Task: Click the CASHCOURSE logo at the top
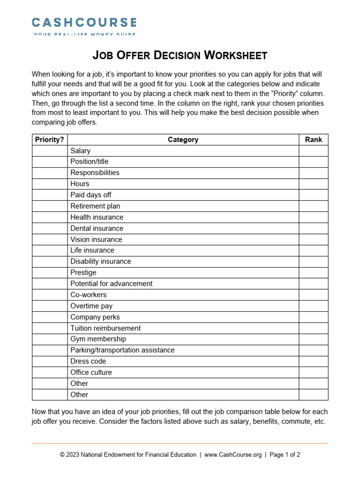click(84, 22)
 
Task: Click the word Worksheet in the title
click(235, 55)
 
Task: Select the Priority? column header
click(50, 140)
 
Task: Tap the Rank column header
click(314, 140)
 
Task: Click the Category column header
click(183, 140)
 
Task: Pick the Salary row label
click(81, 150)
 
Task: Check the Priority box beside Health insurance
click(50, 217)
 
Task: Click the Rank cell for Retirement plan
click(314, 206)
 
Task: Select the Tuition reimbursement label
click(105, 328)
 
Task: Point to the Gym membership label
click(98, 339)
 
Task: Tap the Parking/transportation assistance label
click(122, 350)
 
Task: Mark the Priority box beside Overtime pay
click(50, 306)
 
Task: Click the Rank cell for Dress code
click(314, 361)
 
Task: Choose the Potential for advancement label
click(111, 284)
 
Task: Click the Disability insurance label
click(101, 262)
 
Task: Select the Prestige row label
click(83, 272)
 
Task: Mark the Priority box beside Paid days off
click(50, 195)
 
